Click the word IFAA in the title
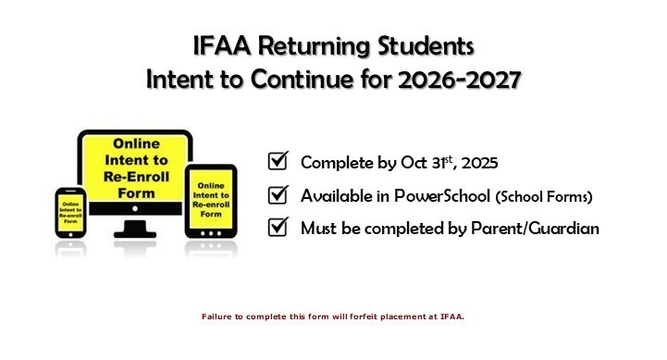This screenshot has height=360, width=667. click(218, 44)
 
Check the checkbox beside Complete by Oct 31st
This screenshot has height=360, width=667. click(278, 162)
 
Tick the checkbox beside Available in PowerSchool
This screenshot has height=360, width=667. click(278, 195)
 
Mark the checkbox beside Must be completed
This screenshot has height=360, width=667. click(278, 228)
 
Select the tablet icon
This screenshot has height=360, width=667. click(211, 201)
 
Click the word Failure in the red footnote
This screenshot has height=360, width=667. click(216, 316)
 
